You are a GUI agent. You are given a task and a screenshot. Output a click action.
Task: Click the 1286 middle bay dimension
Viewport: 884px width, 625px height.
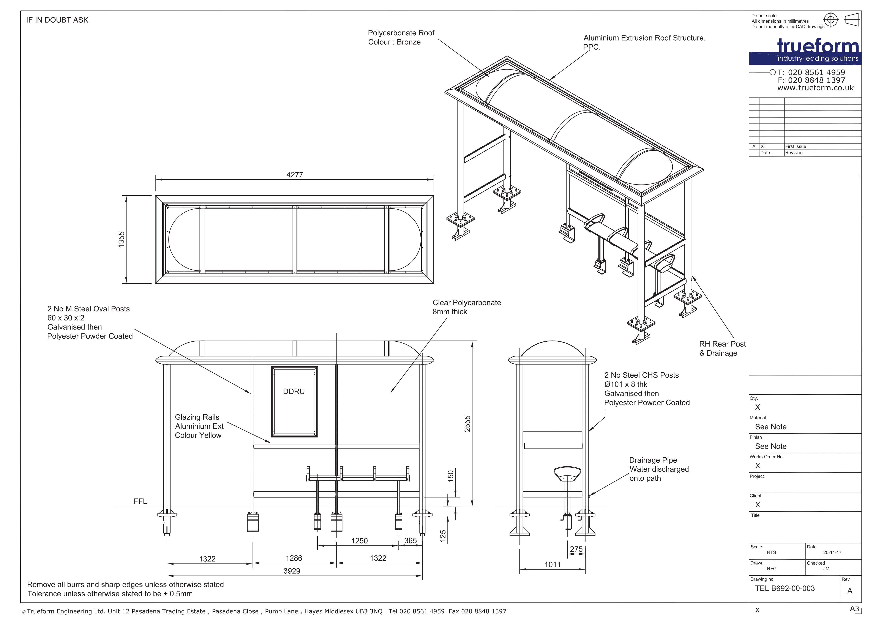click(x=294, y=558)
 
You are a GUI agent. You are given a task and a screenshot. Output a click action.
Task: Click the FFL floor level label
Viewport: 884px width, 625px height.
click(x=140, y=501)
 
